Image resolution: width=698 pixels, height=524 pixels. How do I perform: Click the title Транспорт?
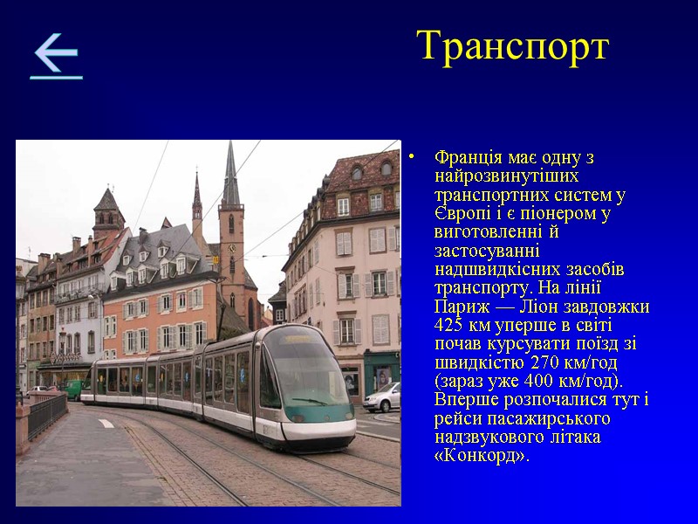click(x=512, y=45)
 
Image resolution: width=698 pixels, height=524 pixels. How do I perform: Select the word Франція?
click(x=468, y=157)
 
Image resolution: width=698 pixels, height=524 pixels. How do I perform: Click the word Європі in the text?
click(x=463, y=214)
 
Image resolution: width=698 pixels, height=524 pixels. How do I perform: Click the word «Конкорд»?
click(x=481, y=457)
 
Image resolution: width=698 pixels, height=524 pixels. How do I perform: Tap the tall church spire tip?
click(x=230, y=147)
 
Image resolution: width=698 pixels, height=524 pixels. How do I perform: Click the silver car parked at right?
click(x=382, y=397)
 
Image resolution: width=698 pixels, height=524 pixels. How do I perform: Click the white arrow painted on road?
click(x=106, y=423)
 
